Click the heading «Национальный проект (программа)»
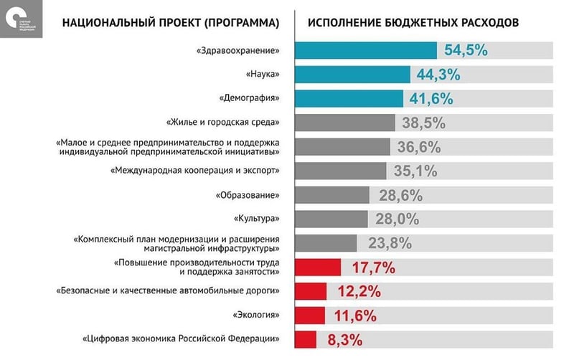tap(170, 22)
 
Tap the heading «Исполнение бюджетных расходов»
tap(413, 22)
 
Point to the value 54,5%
tap(466, 51)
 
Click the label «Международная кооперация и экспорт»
tap(194, 171)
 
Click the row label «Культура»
tap(255, 219)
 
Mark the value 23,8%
tap(390, 243)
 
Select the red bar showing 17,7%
tap(319, 267)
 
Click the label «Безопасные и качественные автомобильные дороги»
tap(167, 291)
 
